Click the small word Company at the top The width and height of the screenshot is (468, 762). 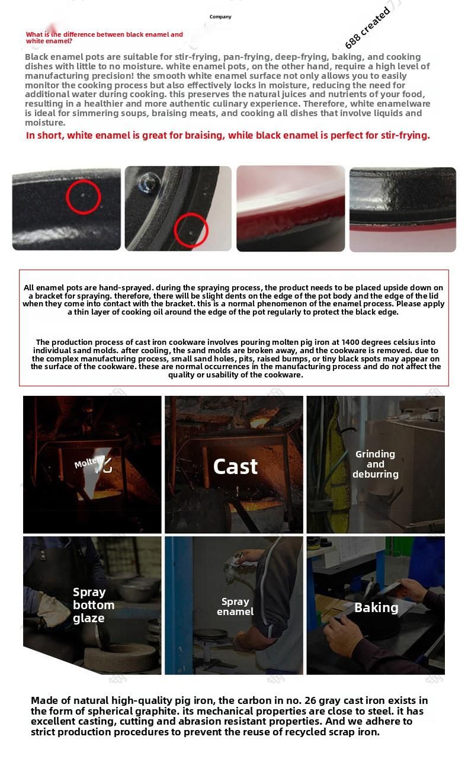click(x=220, y=17)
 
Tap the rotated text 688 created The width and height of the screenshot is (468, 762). click(x=367, y=28)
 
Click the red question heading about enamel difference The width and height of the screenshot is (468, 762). click(x=104, y=37)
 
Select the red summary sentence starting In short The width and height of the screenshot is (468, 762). click(x=228, y=135)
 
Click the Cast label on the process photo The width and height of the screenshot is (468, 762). click(x=235, y=466)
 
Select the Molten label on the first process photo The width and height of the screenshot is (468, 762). click(x=89, y=462)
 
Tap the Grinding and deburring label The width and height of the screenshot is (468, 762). click(x=376, y=464)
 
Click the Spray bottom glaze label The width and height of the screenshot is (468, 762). click(x=94, y=605)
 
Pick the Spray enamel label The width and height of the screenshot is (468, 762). click(x=235, y=607)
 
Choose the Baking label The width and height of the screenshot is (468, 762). click(x=376, y=607)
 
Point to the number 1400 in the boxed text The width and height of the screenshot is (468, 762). click(x=351, y=342)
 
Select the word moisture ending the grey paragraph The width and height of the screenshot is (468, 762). click(x=45, y=123)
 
